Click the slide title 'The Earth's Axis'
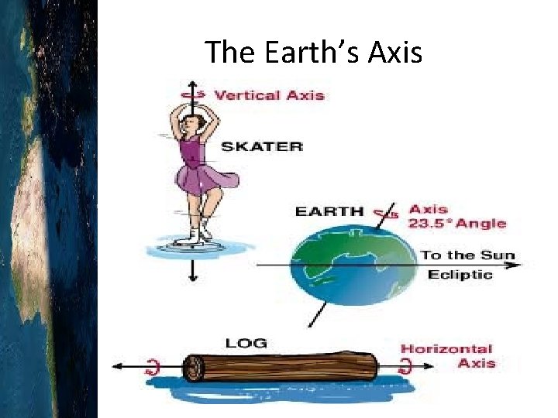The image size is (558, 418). coord(313,52)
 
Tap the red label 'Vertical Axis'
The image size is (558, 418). coord(269,95)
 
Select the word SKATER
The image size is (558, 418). coord(262,146)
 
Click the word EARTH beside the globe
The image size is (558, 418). coord(329,211)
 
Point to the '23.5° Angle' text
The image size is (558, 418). coord(457,224)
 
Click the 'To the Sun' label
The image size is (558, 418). coord(467,255)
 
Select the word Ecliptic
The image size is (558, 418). coord(460,275)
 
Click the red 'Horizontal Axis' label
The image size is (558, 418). coord(446,356)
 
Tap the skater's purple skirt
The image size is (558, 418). coord(201,177)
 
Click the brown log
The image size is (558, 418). coord(280,367)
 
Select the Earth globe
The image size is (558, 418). coord(353,261)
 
